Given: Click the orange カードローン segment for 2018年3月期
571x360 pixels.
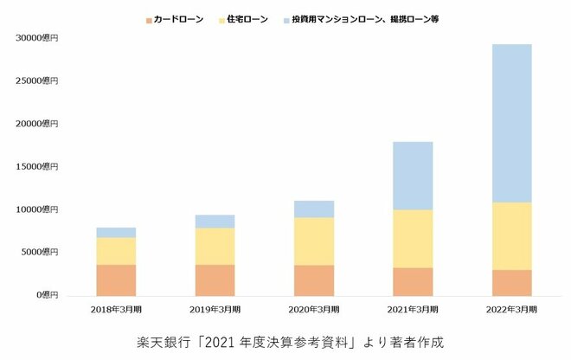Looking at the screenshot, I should pyautogui.click(x=116, y=280).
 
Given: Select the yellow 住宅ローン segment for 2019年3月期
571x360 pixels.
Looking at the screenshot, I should pyautogui.click(x=215, y=246).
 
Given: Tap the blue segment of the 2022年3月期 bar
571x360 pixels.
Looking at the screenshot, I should pyautogui.click(x=511, y=123).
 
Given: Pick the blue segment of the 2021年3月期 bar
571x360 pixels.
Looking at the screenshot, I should pyautogui.click(x=413, y=176).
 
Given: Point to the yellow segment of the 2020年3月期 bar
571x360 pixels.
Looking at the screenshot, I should pyautogui.click(x=313, y=241).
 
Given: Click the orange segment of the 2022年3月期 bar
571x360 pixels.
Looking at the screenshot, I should pyautogui.click(x=511, y=282).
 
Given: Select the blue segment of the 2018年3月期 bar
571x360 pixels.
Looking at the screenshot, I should pyautogui.click(x=116, y=232).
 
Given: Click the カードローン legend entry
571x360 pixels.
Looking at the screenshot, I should pyautogui.click(x=175, y=19).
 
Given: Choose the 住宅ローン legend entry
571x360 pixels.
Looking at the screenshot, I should pyautogui.click(x=246, y=19).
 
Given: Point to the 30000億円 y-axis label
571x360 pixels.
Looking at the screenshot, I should pyautogui.click(x=37, y=38).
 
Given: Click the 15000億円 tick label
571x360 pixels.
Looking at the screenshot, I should pyautogui.click(x=37, y=166).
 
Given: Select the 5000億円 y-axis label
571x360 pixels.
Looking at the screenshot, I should pyautogui.click(x=40, y=252).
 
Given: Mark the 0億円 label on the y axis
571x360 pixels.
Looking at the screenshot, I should pyautogui.click(x=46, y=295).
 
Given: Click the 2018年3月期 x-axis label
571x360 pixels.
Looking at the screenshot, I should pyautogui.click(x=116, y=309).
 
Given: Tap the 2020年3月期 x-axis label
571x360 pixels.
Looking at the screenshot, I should pyautogui.click(x=313, y=309).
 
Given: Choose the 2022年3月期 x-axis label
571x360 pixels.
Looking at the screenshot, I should pyautogui.click(x=511, y=309).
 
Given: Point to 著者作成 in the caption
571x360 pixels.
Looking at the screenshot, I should pyautogui.click(x=417, y=341).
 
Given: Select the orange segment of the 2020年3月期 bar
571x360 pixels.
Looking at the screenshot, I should pyautogui.click(x=313, y=280).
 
